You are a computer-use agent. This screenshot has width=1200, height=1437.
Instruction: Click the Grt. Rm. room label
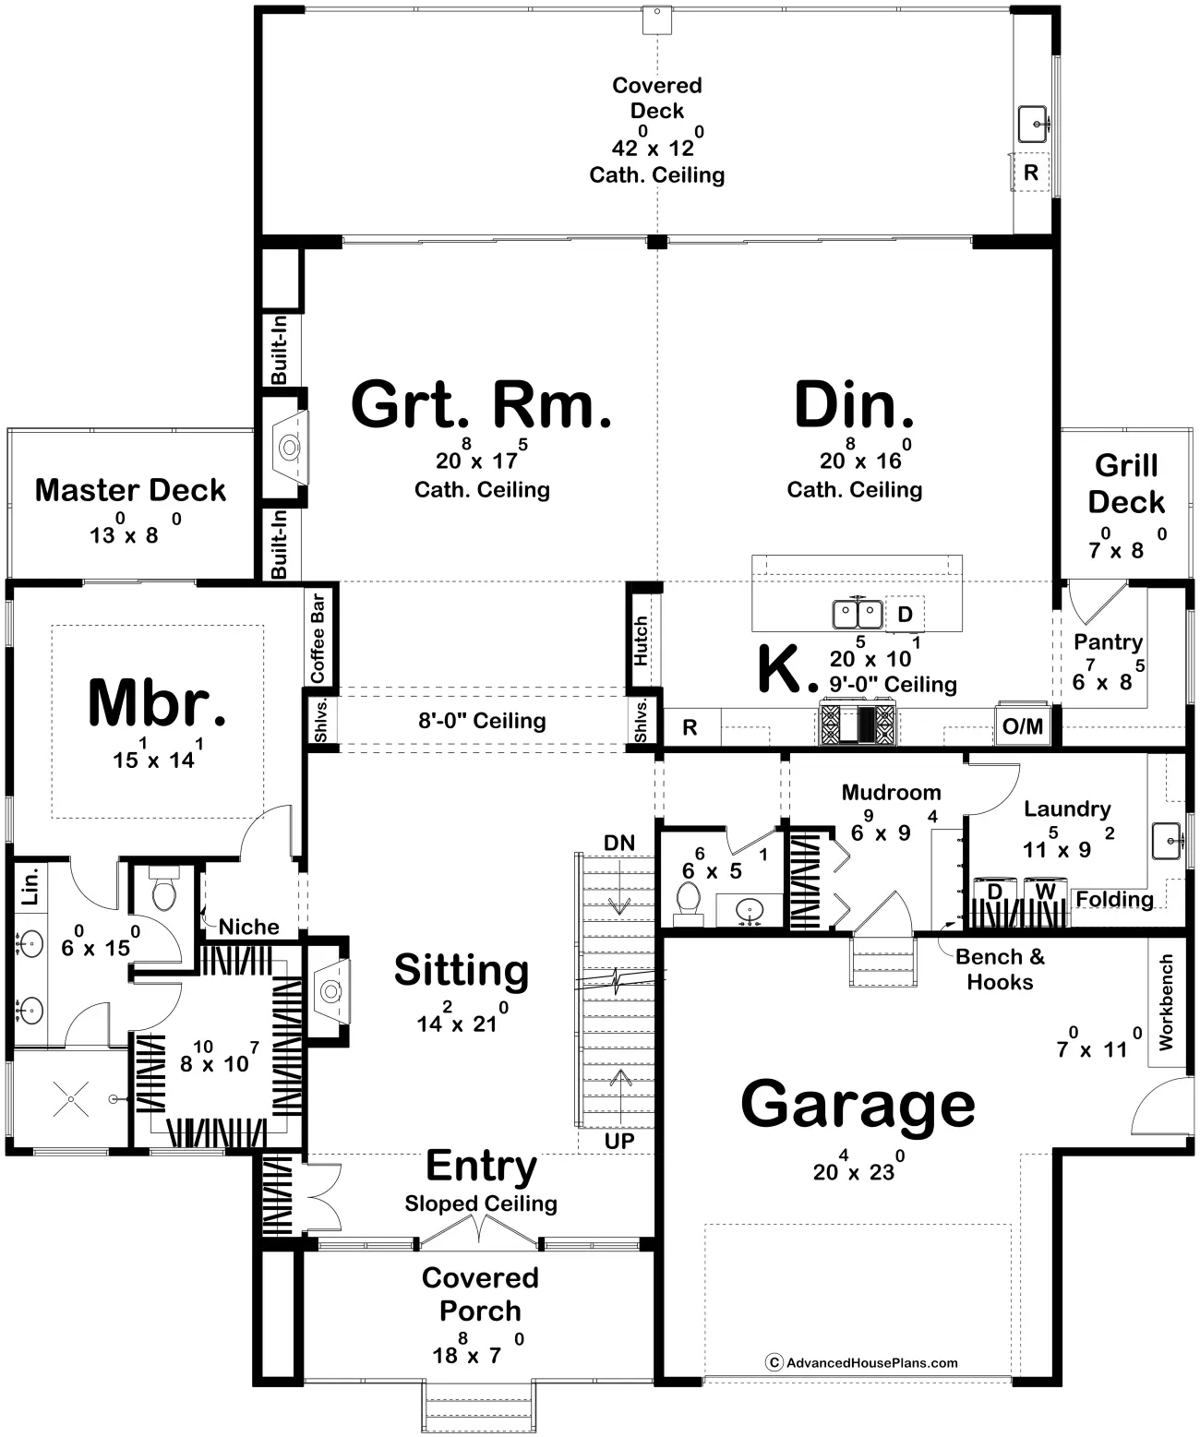pos(481,405)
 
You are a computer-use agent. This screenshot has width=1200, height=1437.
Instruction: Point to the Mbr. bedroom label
pos(158,702)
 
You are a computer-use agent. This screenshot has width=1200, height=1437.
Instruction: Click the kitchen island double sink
pos(858,614)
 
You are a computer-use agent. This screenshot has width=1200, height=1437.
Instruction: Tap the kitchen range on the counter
pos(858,724)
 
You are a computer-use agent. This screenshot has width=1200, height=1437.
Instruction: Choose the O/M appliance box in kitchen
pos(1023,725)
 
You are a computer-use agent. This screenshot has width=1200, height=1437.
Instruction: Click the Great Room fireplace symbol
pos(290,448)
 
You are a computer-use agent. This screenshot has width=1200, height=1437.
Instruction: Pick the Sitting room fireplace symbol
pos(331,991)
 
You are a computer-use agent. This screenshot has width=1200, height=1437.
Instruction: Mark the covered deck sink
pos(1034,125)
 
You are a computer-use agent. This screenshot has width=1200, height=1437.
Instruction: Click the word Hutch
pos(641,641)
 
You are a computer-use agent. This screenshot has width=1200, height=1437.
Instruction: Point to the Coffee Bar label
pos(318,638)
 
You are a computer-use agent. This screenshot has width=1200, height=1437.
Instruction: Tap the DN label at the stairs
pos(619,843)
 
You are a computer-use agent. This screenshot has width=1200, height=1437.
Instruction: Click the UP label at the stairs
pos(619,1141)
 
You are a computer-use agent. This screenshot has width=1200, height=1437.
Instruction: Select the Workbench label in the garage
pos(1166,1002)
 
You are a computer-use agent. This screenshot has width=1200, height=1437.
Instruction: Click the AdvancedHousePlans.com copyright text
pos(862,1362)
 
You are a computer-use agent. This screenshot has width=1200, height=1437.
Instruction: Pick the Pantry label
pos(1108,642)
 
